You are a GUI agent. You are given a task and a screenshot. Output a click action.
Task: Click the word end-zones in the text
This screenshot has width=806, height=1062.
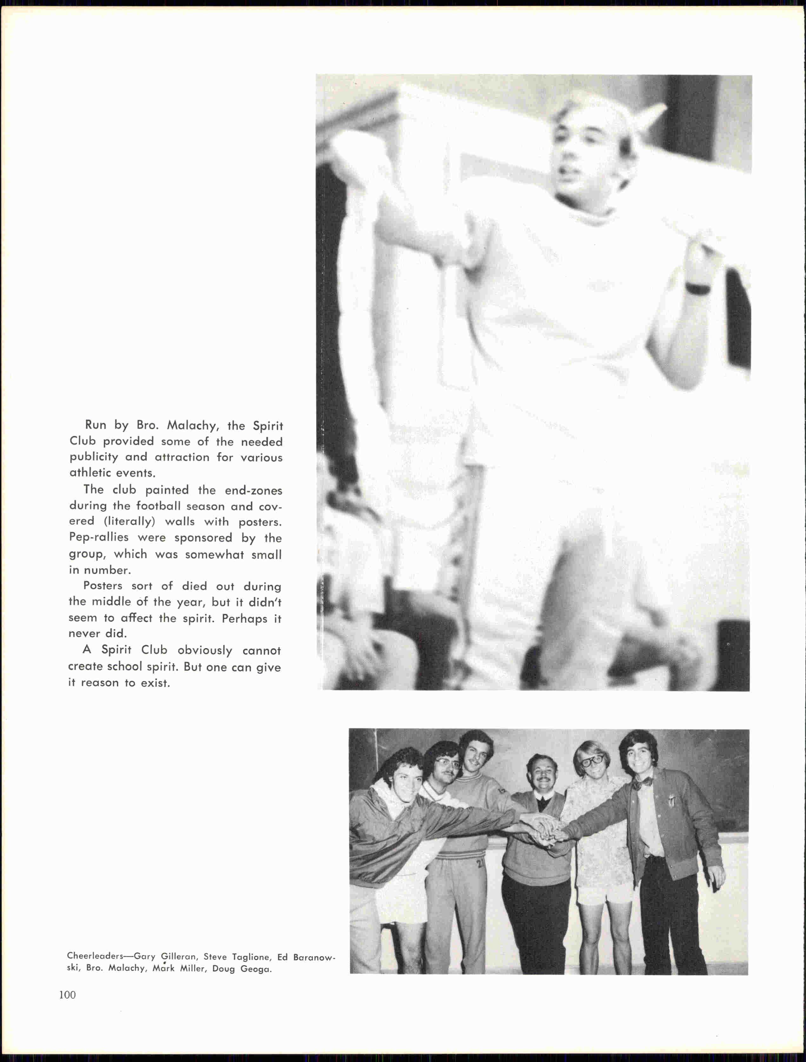[x=253, y=490]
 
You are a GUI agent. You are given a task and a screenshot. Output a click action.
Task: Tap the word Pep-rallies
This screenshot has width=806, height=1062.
[x=98, y=538]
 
